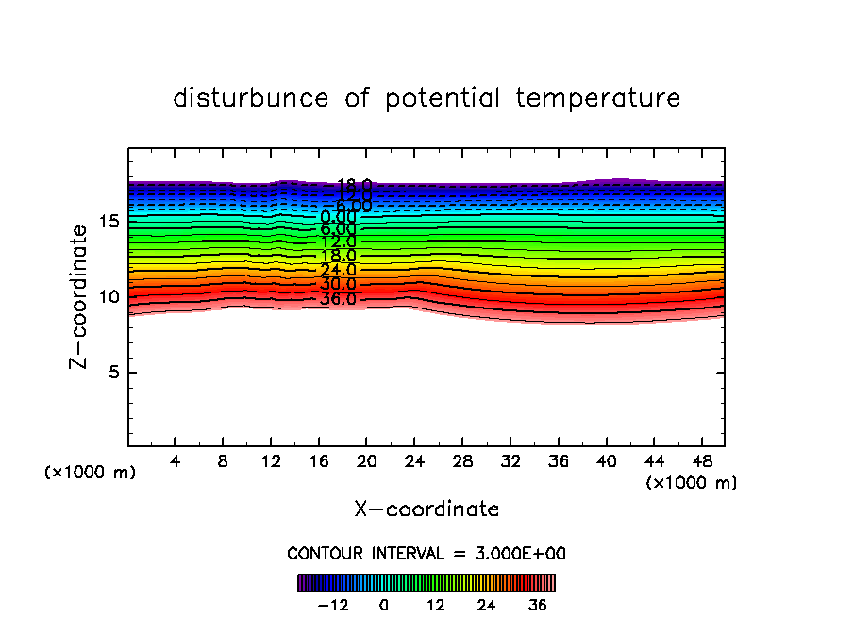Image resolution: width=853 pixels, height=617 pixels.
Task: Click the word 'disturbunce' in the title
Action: click(251, 98)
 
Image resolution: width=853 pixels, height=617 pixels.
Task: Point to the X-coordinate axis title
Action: click(426, 509)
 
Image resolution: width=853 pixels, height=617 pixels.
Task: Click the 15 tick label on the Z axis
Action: click(108, 221)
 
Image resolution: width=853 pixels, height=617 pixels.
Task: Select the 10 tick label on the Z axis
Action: click(108, 296)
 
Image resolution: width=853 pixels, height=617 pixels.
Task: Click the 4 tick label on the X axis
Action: click(175, 461)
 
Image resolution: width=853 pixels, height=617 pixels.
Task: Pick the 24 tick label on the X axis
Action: click(414, 461)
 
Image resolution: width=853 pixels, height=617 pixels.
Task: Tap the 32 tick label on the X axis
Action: click(510, 461)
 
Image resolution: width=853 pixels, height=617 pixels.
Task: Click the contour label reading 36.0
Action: click(338, 299)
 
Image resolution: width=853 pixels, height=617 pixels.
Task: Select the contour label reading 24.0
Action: click(338, 270)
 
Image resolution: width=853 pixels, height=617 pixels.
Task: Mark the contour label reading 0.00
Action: click(338, 217)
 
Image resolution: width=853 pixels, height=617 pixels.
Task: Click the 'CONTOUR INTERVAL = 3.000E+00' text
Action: click(426, 553)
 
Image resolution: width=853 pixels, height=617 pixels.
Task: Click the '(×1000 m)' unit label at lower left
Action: click(91, 473)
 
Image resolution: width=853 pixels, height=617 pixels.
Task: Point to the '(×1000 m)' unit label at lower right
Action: click(692, 483)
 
